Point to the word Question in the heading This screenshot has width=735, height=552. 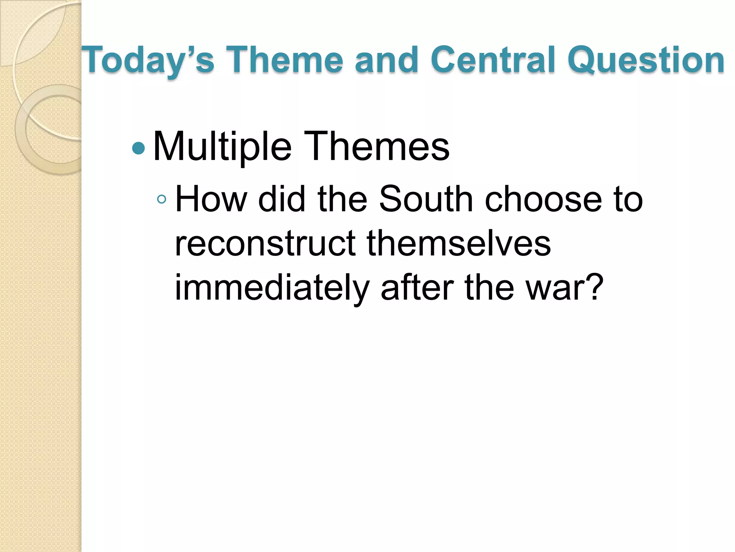pos(646,60)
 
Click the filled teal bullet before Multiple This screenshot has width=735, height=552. pos(138,148)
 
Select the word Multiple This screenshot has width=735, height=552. pos(222,147)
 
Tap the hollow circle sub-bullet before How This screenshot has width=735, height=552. pos(162,199)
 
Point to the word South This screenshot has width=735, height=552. pos(426,199)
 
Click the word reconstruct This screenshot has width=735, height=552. pos(265,243)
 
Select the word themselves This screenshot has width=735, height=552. pos(459,243)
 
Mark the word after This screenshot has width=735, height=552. pos(416,287)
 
